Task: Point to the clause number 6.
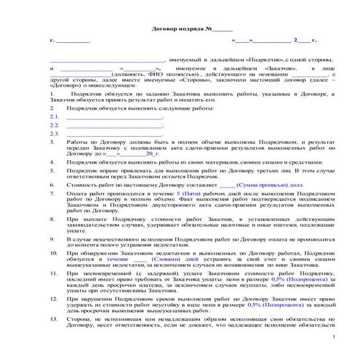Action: coord(52,185)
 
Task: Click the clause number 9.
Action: coord(52,238)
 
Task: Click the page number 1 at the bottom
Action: coord(332,340)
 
